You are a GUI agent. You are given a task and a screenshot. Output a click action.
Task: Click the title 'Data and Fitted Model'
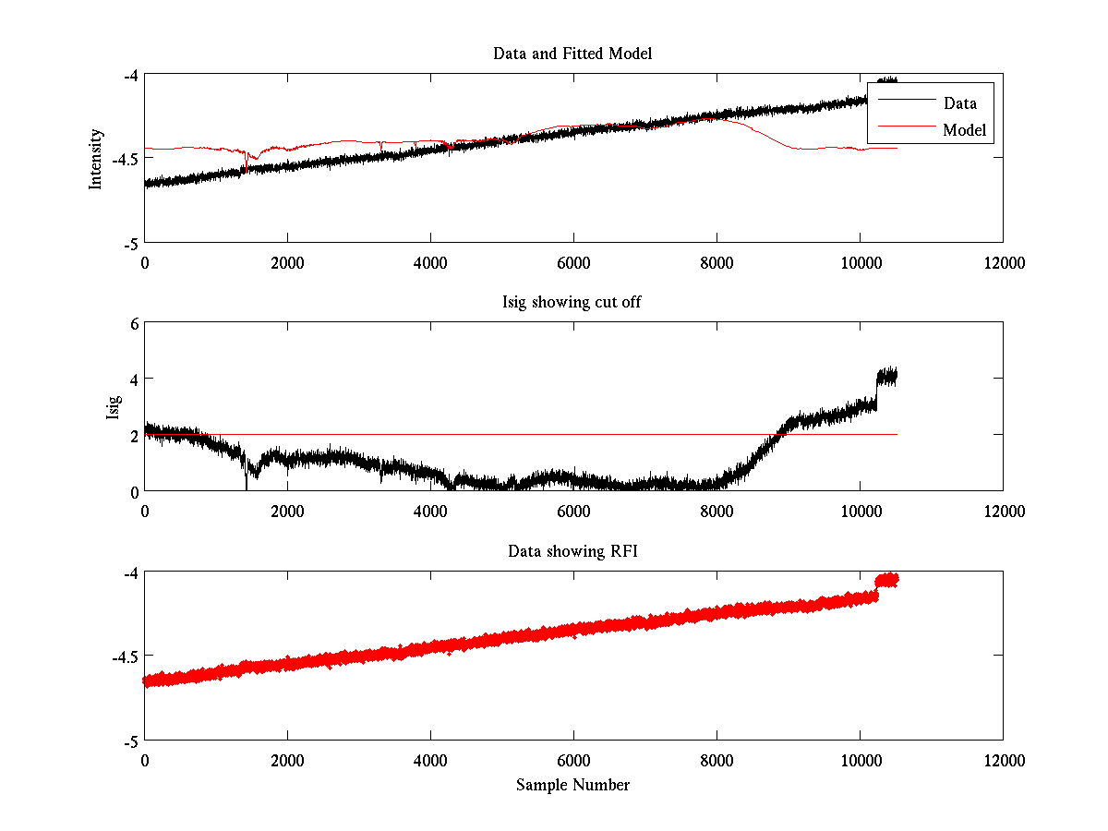coord(572,54)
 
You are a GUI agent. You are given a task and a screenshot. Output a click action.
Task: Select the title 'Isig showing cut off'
coord(572,303)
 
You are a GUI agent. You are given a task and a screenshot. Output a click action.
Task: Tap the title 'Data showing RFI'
coord(572,551)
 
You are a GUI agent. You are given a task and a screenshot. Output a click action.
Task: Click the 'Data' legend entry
coord(959,102)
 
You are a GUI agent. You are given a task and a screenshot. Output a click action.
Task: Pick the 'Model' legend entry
coord(965,130)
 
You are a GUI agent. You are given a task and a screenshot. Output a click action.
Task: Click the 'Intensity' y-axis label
coord(95,159)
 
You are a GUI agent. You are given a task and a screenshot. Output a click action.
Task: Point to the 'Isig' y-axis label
coord(113,407)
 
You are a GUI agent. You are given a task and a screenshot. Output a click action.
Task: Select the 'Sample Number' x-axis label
coord(572,785)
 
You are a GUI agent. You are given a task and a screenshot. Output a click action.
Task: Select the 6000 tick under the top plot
coord(573,262)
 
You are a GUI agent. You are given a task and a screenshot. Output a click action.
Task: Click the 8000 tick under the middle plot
coord(717,511)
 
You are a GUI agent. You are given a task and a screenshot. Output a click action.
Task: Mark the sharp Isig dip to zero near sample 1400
coord(247,480)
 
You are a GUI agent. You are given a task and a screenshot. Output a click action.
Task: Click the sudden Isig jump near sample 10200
coord(876,388)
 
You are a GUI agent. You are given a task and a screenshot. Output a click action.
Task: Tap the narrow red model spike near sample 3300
coord(380,146)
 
